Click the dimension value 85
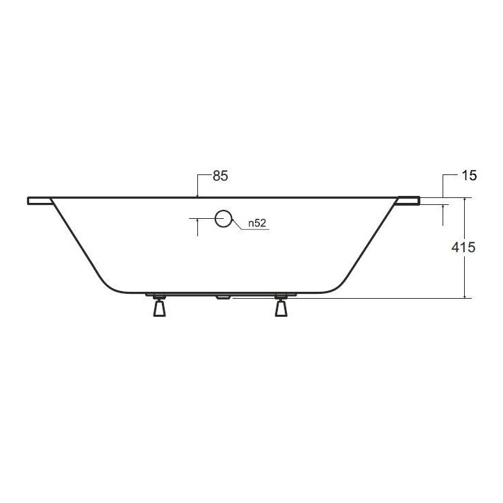pyautogui.click(x=220, y=176)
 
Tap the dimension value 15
pyautogui.click(x=468, y=176)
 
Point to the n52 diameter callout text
pyautogui.click(x=256, y=224)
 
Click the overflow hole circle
pyautogui.click(x=224, y=218)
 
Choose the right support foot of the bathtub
pyautogui.click(x=281, y=306)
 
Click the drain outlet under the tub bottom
pyautogui.click(x=224, y=297)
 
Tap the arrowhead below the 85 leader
pyautogui.click(x=198, y=195)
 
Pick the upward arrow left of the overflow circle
pyautogui.click(x=198, y=222)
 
